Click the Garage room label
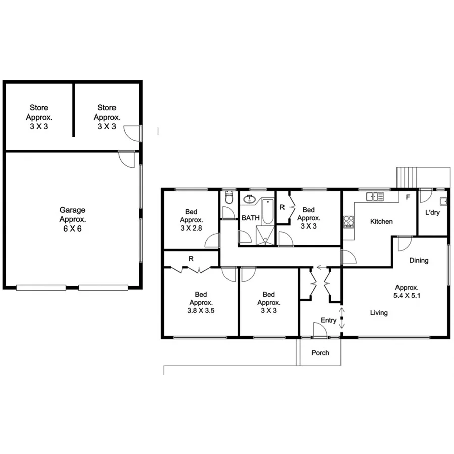72,210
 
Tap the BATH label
250,218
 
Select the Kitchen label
381,222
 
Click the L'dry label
432,213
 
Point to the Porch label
320,353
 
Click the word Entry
328,320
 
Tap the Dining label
419,260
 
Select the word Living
379,313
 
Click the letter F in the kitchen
408,197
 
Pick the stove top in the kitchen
348,221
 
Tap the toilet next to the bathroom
228,197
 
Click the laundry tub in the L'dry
442,201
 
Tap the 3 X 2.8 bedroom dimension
191,228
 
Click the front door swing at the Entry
319,330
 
